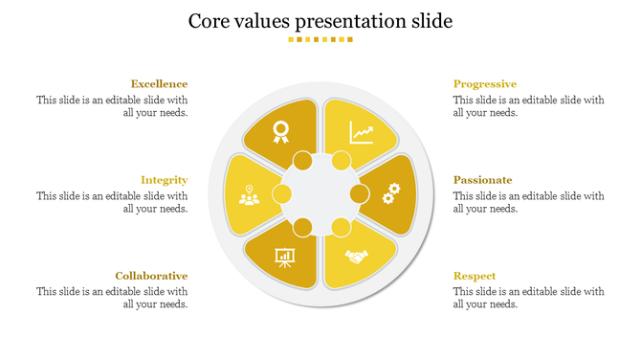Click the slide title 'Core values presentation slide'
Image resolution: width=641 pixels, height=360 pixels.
coord(320,20)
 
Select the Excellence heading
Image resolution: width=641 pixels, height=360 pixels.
coord(159,84)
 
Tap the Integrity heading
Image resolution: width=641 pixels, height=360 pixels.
coord(164,180)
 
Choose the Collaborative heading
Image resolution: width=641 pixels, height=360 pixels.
coord(151,276)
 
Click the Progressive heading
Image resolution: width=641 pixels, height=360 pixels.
coord(485,84)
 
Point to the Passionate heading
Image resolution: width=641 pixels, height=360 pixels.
coord(483,180)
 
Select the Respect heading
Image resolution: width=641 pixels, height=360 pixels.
coord(475,276)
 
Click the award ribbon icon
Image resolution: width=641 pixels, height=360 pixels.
coord(280,131)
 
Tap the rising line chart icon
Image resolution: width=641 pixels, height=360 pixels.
coord(362,131)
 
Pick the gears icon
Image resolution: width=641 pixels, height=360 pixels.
coord(390,194)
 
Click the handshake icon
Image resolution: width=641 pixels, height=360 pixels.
coord(358,257)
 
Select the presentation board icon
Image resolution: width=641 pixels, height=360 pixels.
coord(284,258)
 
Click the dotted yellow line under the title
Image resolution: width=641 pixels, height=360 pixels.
coord(320,39)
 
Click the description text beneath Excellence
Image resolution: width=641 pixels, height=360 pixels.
coord(112,106)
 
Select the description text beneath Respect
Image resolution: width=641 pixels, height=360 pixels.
coord(529,298)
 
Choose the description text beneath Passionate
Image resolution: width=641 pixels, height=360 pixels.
coord(529,202)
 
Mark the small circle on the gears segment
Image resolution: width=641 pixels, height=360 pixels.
coord(360,194)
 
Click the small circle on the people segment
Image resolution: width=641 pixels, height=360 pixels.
coord(282,194)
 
